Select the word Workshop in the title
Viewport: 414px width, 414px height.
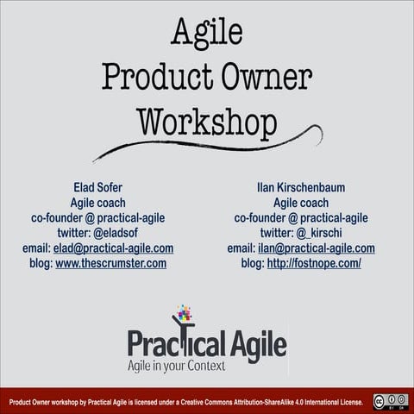click(x=206, y=121)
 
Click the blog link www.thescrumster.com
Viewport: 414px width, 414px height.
click(x=110, y=264)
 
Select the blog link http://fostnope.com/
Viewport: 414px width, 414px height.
click(x=314, y=264)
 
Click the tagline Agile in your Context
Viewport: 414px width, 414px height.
click(x=176, y=367)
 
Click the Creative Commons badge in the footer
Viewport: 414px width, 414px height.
click(x=390, y=401)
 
